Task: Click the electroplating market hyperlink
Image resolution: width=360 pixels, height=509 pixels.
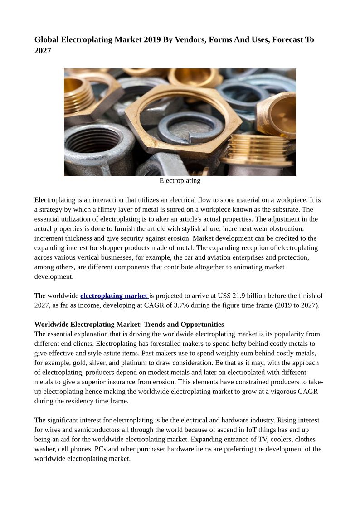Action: pyautogui.click(x=114, y=296)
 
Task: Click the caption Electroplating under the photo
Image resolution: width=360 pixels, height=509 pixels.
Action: pyautogui.click(x=180, y=180)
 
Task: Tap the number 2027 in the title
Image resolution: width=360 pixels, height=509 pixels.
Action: pyautogui.click(x=43, y=51)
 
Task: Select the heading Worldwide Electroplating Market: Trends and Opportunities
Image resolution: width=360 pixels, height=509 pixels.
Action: pyautogui.click(x=129, y=325)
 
